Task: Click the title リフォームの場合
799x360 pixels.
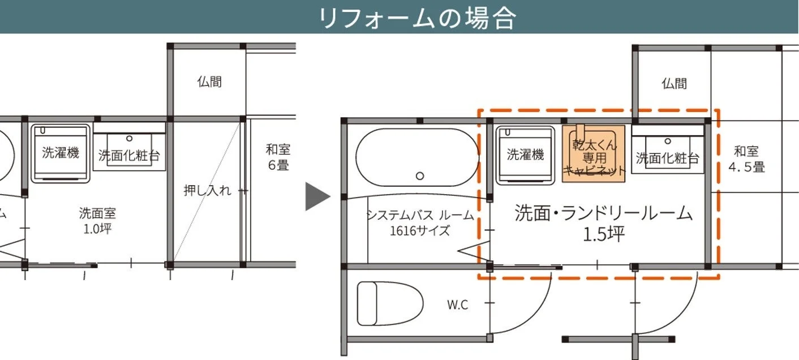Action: pyautogui.click(x=417, y=18)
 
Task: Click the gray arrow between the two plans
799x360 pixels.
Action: pyautogui.click(x=316, y=196)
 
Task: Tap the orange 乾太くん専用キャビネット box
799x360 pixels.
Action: pyautogui.click(x=594, y=153)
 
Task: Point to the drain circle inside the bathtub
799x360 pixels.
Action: pyautogui.click(x=419, y=176)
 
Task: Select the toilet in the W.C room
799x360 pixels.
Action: pyautogui.click(x=390, y=303)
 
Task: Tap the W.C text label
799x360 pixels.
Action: pyautogui.click(x=458, y=305)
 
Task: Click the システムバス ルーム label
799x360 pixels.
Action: pyautogui.click(x=419, y=215)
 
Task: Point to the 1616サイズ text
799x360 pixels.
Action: pyautogui.click(x=420, y=230)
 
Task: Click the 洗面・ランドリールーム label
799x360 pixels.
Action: pyautogui.click(x=604, y=213)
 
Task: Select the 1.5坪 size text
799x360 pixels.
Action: pyautogui.click(x=604, y=234)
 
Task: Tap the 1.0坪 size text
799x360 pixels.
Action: pyautogui.click(x=98, y=229)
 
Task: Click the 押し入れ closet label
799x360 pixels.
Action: pyautogui.click(x=207, y=190)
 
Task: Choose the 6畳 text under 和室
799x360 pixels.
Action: pyautogui.click(x=278, y=165)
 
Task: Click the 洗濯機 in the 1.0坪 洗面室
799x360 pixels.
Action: pyautogui.click(x=60, y=152)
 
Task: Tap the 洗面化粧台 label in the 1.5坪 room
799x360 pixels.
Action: pyautogui.click(x=667, y=158)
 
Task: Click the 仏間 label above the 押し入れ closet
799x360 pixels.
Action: pyautogui.click(x=209, y=82)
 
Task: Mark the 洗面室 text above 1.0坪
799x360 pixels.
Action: pyautogui.click(x=98, y=213)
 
